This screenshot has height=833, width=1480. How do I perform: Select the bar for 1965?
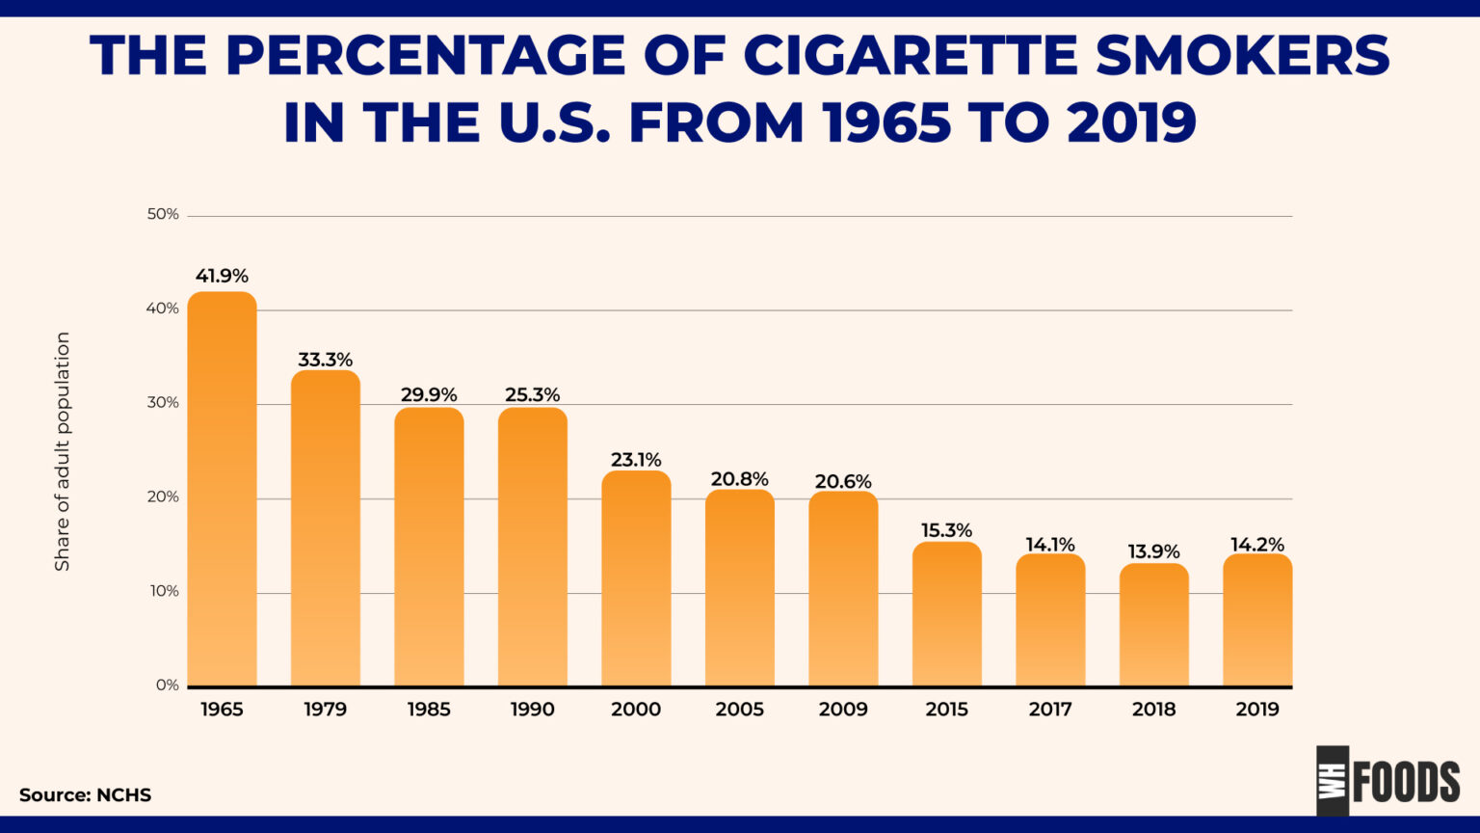tap(222, 489)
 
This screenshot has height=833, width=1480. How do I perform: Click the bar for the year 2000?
tap(636, 578)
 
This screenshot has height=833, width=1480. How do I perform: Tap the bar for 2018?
tap(1153, 625)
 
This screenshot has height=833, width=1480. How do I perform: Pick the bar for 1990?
tap(532, 547)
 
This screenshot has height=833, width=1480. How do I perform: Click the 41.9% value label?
tap(222, 277)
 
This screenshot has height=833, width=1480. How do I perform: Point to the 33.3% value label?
tap(325, 361)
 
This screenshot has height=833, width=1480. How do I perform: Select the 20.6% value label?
tap(843, 482)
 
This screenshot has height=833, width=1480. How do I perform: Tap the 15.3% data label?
tap(946, 531)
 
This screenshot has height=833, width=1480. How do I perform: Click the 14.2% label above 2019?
tap(1257, 545)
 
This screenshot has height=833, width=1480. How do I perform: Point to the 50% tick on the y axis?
tap(163, 214)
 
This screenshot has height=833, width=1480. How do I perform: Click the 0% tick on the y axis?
tap(167, 685)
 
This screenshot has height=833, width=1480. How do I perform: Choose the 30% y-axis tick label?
tap(163, 403)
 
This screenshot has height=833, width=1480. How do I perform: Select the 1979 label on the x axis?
tap(325, 710)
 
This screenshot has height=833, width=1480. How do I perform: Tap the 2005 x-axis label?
tap(739, 710)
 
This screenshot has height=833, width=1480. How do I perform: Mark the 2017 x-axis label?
tap(1050, 710)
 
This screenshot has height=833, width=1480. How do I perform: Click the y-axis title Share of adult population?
tap(63, 451)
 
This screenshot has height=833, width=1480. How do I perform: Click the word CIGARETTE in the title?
tap(911, 56)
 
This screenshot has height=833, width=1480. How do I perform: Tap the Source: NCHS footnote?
tap(85, 795)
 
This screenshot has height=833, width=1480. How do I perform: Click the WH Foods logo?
tap(1388, 780)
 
